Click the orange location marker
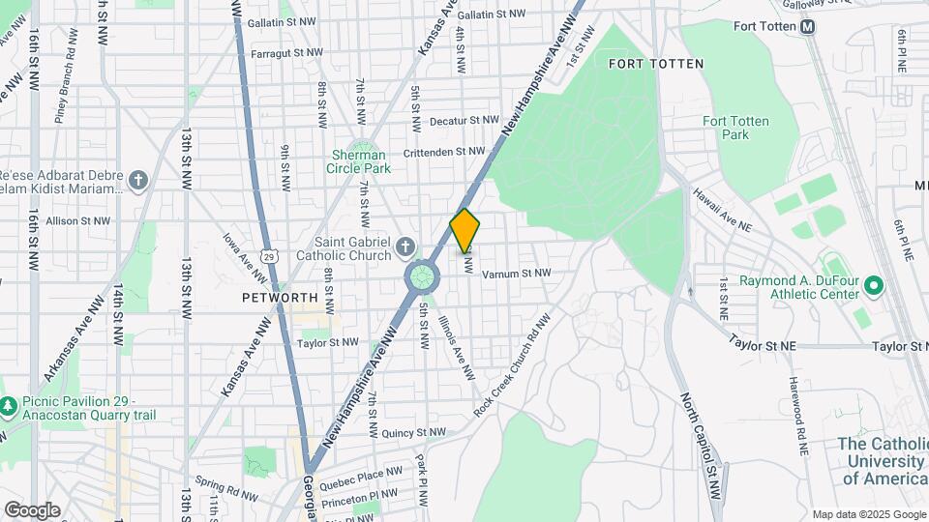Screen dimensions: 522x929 pyautogui.click(x=465, y=231)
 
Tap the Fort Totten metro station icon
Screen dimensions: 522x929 pyautogui.click(x=807, y=27)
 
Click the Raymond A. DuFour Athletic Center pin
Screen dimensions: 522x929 pyautogui.click(x=874, y=286)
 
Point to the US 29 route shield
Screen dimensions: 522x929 pyautogui.click(x=273, y=254)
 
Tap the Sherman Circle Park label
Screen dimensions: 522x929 pyautogui.click(x=359, y=161)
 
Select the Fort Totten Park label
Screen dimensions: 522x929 pyautogui.click(x=735, y=128)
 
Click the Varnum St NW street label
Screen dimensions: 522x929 pyautogui.click(x=516, y=274)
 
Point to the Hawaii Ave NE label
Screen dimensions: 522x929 pyautogui.click(x=721, y=210)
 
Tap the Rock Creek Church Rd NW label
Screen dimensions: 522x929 pyautogui.click(x=512, y=365)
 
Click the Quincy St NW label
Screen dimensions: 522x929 pyautogui.click(x=413, y=433)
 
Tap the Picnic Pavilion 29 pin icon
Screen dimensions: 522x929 pyautogui.click(x=9, y=403)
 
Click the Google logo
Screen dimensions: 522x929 pyautogui.click(x=32, y=509)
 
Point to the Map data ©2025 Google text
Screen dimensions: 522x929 pyautogui.click(x=868, y=514)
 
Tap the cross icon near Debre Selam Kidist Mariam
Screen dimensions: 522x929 pyautogui.click(x=139, y=180)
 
